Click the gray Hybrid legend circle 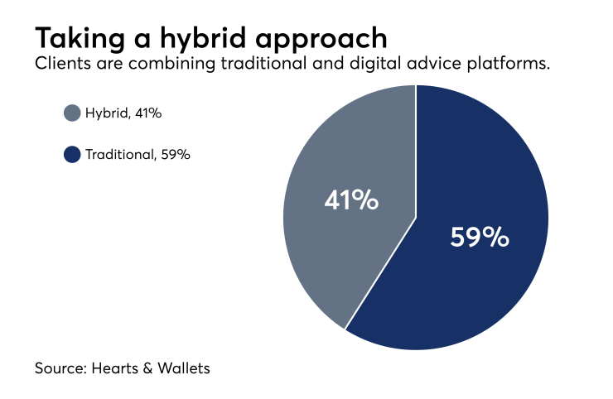pos(72,113)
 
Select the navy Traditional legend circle pos(72,153)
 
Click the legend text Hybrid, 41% pos(123,113)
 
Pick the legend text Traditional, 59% pos(138,153)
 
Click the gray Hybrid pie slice pos(331,248)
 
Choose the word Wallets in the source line pos(186,368)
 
